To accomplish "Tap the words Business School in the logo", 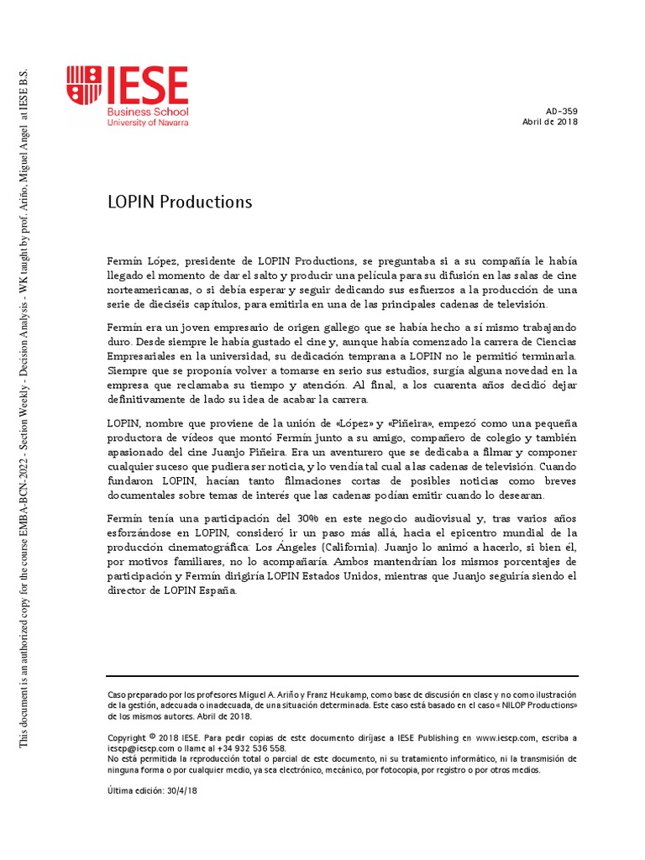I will (147, 112).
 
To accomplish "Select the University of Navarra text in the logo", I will (148, 123).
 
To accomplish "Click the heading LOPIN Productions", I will (180, 202).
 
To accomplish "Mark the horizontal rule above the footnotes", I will (343, 676).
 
